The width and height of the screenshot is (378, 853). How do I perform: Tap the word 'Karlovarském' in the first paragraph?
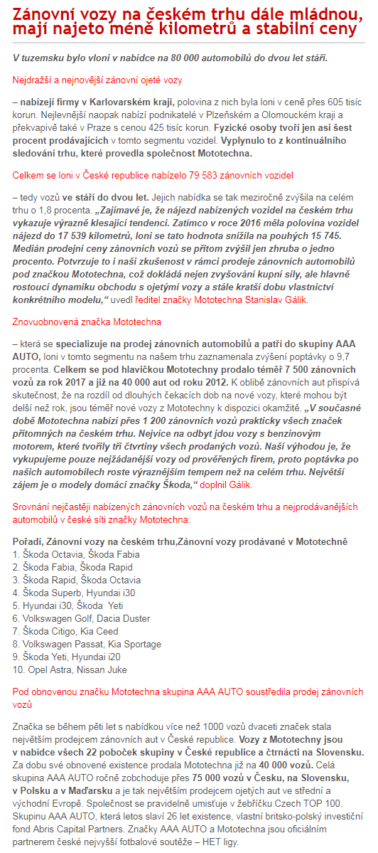click(x=132, y=102)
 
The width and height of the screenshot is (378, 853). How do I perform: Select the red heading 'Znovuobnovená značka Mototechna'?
click(x=87, y=322)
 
